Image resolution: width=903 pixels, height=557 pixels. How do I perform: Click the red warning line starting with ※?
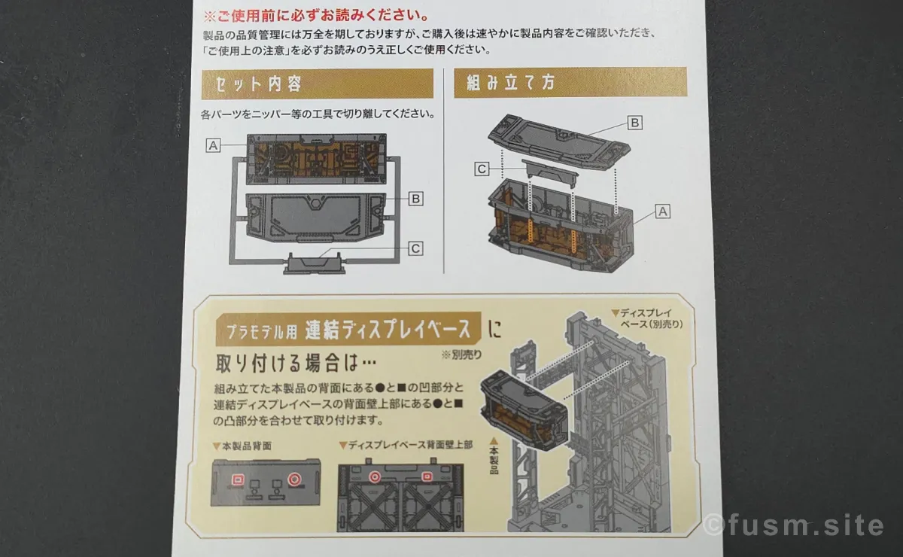316,16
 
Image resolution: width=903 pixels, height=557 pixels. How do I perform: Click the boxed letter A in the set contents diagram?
213,145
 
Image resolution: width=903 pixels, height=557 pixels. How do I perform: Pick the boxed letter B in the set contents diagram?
415,199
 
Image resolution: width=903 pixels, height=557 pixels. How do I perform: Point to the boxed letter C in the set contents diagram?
415,248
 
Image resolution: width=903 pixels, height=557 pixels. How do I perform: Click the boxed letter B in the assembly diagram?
635,123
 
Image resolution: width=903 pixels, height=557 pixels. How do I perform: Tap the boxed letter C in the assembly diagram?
482,169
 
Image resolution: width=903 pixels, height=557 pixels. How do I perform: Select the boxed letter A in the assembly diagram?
663,212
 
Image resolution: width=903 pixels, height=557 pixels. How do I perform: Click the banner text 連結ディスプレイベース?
388,329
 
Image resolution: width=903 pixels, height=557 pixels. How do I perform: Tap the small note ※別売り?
461,355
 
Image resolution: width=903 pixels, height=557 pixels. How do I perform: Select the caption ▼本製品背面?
242,446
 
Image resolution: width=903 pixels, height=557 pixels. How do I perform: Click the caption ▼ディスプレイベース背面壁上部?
406,445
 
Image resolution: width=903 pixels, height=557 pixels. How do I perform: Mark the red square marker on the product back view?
238,479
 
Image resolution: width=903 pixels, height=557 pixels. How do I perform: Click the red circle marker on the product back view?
294,479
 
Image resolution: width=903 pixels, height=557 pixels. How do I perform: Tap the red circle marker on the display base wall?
375,477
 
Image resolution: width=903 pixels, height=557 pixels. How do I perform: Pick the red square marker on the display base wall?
427,477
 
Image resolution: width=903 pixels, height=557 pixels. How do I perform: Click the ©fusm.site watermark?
793,525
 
